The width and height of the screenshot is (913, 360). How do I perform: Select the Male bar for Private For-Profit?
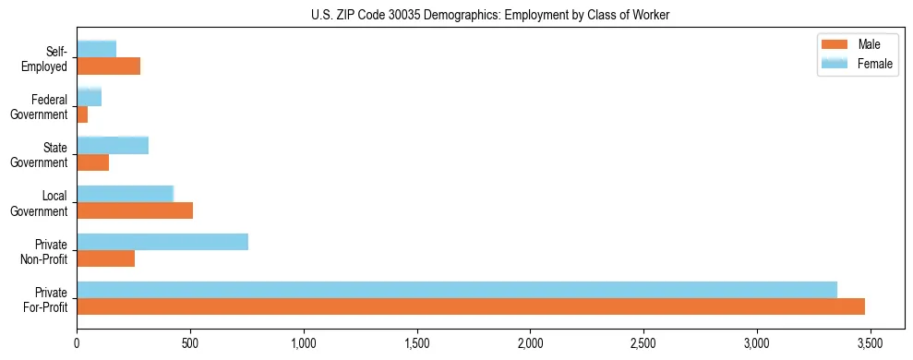pyautogui.click(x=471, y=306)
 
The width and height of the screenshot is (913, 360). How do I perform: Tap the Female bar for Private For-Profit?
pyautogui.click(x=457, y=290)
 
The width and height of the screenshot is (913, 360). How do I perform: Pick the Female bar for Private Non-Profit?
pyautogui.click(x=162, y=242)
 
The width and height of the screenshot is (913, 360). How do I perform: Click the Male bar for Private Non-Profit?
pyautogui.click(x=106, y=258)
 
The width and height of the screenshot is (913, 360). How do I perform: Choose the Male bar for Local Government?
pyautogui.click(x=135, y=210)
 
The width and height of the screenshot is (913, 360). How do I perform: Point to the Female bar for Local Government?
pyautogui.click(x=125, y=193)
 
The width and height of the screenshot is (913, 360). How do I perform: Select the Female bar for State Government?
pyautogui.click(x=113, y=145)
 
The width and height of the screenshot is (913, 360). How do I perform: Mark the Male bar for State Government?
pyautogui.click(x=93, y=162)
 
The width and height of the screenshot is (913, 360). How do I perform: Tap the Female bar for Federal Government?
pyautogui.click(x=90, y=97)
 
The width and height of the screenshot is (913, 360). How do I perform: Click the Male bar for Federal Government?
pyautogui.click(x=82, y=114)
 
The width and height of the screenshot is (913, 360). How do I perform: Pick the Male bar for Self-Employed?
pyautogui.click(x=109, y=66)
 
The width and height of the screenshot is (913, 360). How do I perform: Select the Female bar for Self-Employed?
pyautogui.click(x=97, y=49)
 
